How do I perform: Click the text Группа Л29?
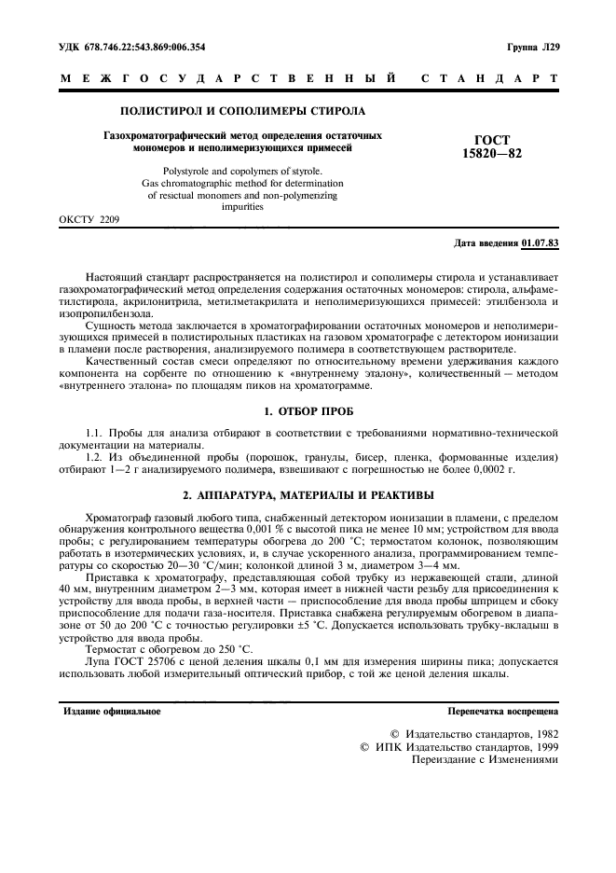click(x=533, y=46)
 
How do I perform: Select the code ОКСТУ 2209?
click(x=89, y=220)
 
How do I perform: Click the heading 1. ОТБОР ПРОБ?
click(x=308, y=410)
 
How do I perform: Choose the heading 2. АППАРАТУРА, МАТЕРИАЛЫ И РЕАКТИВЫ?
click(x=308, y=493)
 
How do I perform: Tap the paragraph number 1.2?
click(x=94, y=457)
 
